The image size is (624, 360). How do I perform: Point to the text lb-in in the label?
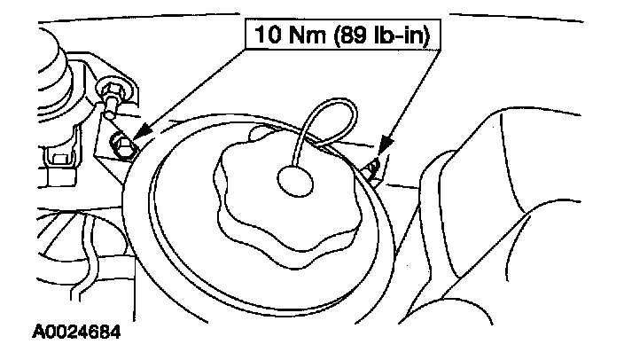(x=404, y=36)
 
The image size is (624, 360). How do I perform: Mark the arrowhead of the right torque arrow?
(x=383, y=146)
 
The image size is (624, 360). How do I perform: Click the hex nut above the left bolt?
(x=113, y=91)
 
